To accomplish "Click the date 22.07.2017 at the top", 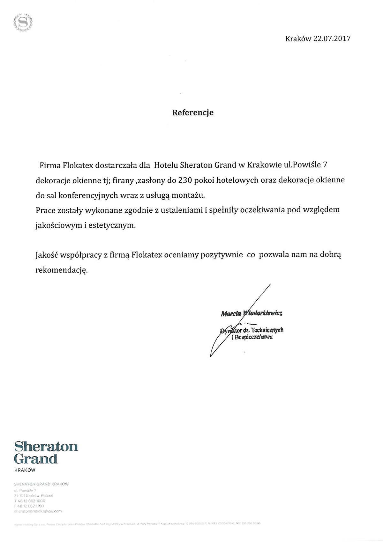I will [332, 39].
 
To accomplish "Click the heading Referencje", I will [193, 113].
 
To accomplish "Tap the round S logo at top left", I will [23, 22].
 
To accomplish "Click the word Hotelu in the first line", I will [166, 165].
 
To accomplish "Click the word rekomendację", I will [61, 270].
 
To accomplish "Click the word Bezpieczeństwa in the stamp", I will [254, 337].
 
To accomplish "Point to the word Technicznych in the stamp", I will [267, 330].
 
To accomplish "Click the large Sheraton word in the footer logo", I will [46, 446].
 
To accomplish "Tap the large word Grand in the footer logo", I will [36, 459].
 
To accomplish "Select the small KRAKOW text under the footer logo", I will [25, 470].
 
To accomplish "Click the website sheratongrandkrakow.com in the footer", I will [38, 511].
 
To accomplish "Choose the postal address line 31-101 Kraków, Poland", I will [34, 495].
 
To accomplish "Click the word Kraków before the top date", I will [298, 39].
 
